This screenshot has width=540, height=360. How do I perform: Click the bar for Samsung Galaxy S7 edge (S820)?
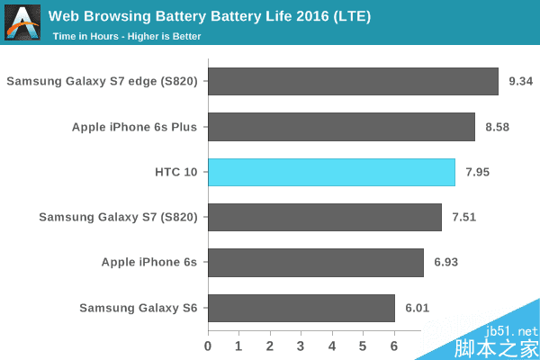coord(353,82)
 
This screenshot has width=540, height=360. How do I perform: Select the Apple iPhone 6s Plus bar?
coord(341,127)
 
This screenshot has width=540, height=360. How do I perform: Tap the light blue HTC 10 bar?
coord(331,172)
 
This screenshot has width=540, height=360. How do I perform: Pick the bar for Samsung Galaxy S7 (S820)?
coord(325,217)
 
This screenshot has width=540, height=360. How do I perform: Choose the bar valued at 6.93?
coord(316,263)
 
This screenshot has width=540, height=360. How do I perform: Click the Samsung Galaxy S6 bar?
coord(301,308)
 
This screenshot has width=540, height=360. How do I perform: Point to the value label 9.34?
coord(521,82)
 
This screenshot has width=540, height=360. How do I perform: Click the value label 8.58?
coord(497,127)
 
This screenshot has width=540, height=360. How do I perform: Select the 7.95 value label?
coord(478,172)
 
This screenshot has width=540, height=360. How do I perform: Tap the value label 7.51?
coord(464,217)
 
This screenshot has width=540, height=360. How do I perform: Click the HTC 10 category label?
coord(175,172)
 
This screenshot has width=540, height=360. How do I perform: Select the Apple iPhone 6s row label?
coord(148,263)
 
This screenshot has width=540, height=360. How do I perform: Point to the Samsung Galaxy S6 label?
coord(138,308)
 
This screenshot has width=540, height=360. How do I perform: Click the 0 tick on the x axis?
coord(208,346)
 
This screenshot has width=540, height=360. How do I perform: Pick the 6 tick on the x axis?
coord(394,346)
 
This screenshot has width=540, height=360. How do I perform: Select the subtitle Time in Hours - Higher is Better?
coord(126,37)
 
